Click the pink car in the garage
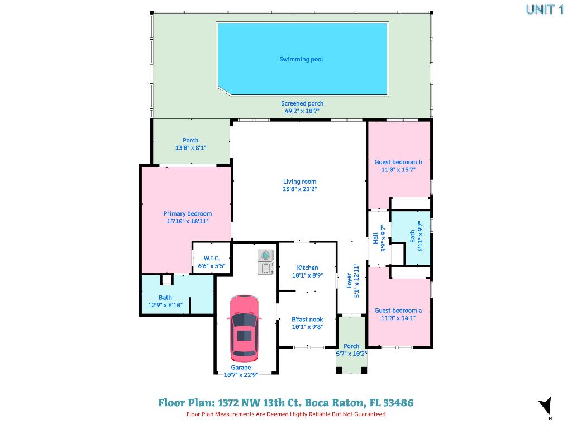[x=244, y=328]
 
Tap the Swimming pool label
[x=301, y=59]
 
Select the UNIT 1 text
[x=545, y=9]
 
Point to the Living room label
[x=299, y=182]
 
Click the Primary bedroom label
[x=188, y=213]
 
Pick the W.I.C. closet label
[x=211, y=258]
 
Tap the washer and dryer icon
[x=265, y=262]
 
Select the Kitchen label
[x=307, y=268]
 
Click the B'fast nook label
[x=307, y=320]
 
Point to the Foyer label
[x=350, y=280]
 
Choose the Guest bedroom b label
[x=398, y=162]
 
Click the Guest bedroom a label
[x=398, y=311]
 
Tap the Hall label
[x=376, y=239]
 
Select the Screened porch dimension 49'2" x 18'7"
[x=302, y=111]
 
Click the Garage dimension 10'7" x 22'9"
[x=241, y=375]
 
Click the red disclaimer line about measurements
[x=286, y=414]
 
